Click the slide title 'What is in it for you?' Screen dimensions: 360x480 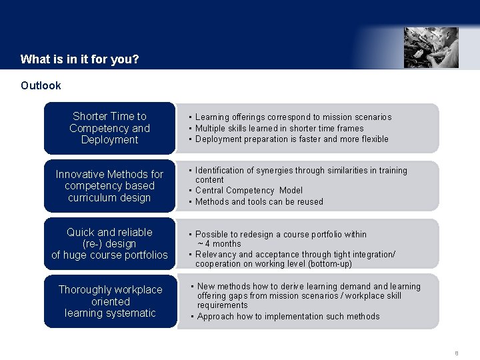(79, 59)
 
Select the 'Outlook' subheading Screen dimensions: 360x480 (41, 85)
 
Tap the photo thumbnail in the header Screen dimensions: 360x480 (431, 47)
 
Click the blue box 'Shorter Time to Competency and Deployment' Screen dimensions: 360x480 (110, 128)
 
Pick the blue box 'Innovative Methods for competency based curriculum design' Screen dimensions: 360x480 (110, 186)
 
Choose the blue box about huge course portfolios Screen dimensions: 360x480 (110, 243)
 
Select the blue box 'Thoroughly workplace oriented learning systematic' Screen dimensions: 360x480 (110, 301)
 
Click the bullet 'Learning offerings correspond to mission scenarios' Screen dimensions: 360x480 (293, 117)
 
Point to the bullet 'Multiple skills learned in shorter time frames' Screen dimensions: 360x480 (279, 128)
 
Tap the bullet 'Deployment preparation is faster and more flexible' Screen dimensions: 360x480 (291, 139)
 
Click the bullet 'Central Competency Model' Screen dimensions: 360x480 (249, 191)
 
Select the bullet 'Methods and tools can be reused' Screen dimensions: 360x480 (259, 201)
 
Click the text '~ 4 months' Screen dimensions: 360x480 (219, 243)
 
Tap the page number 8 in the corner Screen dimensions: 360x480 (457, 353)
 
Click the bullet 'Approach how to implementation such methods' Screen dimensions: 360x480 (288, 316)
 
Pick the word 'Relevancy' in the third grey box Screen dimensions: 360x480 (216, 254)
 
